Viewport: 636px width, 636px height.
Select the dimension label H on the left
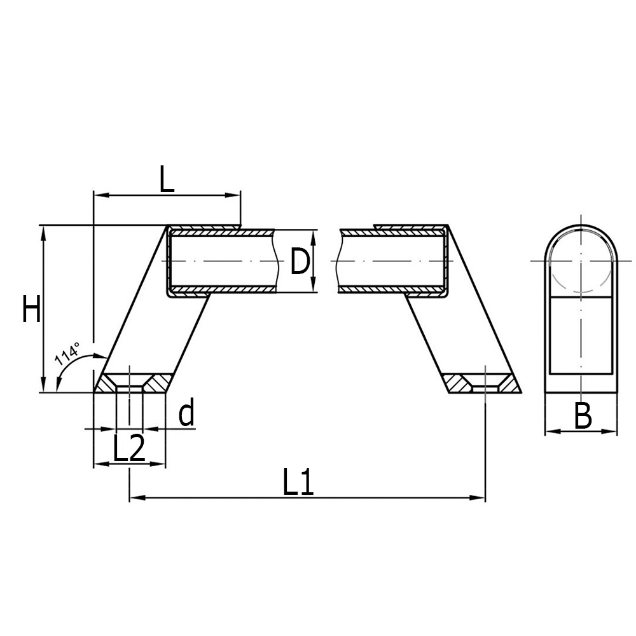32,308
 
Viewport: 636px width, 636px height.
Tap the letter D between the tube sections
300,261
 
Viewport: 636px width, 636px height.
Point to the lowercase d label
186,411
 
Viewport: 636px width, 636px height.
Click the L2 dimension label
129,448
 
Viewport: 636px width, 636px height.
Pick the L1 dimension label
298,482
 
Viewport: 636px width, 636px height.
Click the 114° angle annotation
68,354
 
